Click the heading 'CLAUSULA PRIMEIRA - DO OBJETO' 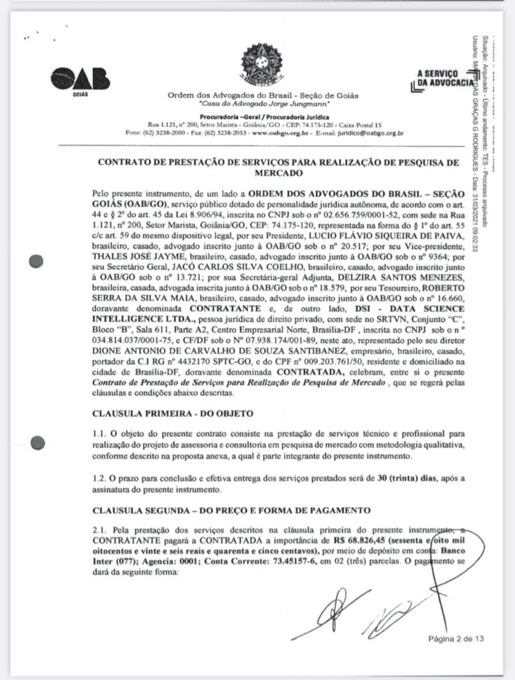173,412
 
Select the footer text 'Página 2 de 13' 456,639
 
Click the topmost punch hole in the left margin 38,261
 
